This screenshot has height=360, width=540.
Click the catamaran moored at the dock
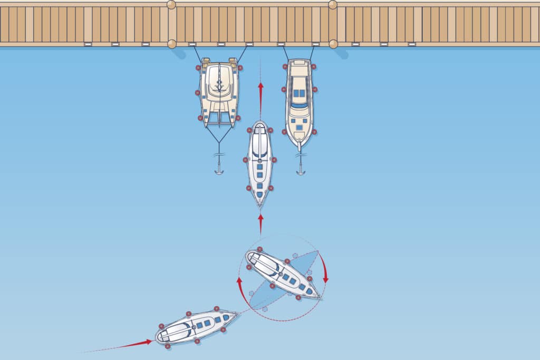coord(219,92)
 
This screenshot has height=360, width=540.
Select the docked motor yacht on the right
coord(299,103)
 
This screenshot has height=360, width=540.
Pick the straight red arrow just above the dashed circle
coord(260,222)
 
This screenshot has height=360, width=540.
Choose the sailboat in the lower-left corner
coord(196,326)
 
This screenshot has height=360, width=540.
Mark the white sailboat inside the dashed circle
coord(282,275)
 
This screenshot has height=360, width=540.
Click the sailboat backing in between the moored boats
coord(260,162)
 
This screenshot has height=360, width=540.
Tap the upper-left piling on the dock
coord(171,5)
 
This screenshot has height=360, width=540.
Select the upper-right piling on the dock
coord(333,5)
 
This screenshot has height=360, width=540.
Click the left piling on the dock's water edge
coord(172,44)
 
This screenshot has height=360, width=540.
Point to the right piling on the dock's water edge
coord(333,44)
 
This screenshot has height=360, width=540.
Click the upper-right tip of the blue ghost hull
coord(317,252)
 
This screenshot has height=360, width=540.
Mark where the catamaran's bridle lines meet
coord(219,143)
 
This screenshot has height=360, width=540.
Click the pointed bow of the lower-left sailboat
coord(238,315)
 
